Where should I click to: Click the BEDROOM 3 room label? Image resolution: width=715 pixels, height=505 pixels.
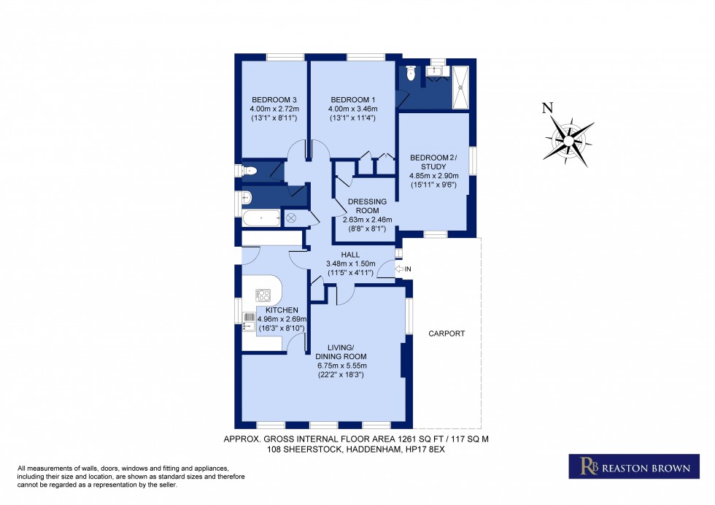point(274,100)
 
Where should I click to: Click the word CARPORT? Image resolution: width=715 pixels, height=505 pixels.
point(447,334)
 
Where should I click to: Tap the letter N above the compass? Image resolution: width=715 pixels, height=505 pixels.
point(547,109)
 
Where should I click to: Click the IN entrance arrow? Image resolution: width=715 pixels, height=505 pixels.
point(402,269)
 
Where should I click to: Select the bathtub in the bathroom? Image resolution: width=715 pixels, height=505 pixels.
point(260,217)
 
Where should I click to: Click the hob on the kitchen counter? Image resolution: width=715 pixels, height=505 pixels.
point(263,296)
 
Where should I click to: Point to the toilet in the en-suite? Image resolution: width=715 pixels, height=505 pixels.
point(411,73)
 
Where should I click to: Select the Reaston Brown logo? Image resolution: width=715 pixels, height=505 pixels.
point(628,466)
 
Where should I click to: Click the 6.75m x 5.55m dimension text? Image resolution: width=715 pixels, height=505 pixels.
point(340,366)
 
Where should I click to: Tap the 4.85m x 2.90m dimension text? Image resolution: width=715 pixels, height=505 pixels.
point(434,176)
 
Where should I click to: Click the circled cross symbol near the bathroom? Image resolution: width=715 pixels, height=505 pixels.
point(291,217)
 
